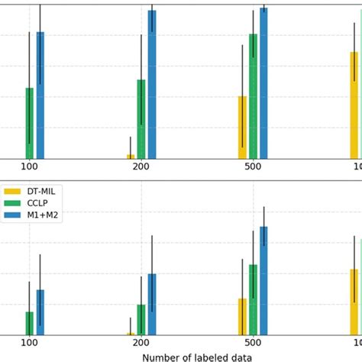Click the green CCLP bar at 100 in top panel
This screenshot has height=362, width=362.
pos(29,124)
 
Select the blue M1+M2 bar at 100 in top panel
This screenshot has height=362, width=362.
pos(40,95)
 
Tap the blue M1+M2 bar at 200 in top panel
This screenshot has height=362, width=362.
pos(152,84)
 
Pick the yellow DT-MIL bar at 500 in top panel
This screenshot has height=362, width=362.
pos(242,128)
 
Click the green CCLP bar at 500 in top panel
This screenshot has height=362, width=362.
pos(253,96)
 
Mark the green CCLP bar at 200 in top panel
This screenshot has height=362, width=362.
pos(141,119)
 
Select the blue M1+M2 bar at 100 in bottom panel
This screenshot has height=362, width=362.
pos(40,312)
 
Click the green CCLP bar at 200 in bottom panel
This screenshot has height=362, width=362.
pos(141,320)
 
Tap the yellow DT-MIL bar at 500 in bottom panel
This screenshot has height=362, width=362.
pos(242,317)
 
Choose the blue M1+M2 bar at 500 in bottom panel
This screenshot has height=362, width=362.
pos(263,281)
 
